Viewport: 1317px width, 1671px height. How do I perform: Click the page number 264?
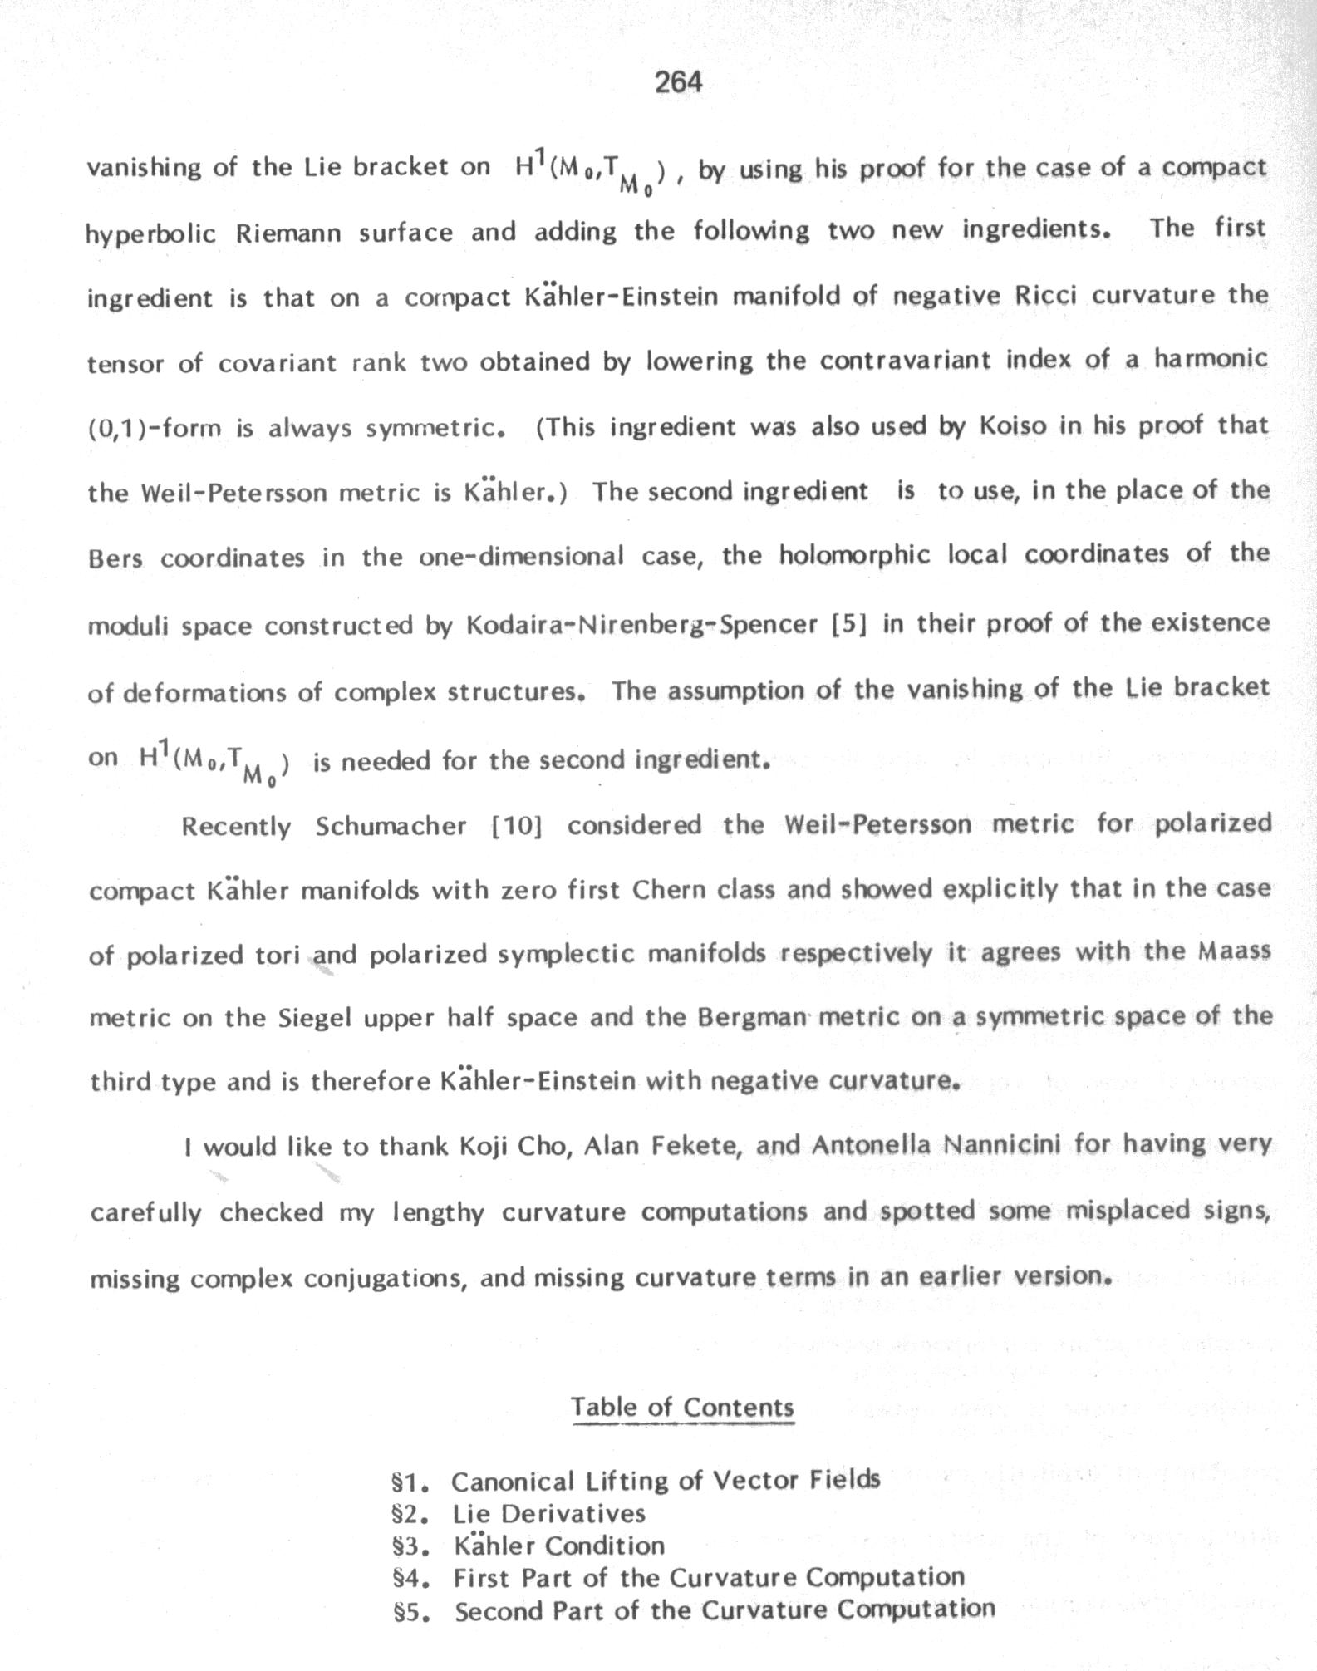pyautogui.click(x=678, y=81)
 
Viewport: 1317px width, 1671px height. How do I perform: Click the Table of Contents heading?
pyautogui.click(x=682, y=1406)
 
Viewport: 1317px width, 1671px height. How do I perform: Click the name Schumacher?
pyautogui.click(x=391, y=827)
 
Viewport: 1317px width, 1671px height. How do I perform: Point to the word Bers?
pyautogui.click(x=115, y=558)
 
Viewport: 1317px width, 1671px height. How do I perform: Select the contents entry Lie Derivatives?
pyautogui.click(x=548, y=1513)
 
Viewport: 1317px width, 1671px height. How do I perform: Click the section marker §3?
pyautogui.click(x=410, y=1546)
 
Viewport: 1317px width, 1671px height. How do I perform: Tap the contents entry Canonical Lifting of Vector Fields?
pyautogui.click(x=666, y=1480)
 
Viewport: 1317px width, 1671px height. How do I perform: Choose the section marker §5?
pyautogui.click(x=410, y=1611)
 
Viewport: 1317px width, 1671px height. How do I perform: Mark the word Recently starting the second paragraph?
pyautogui.click(x=236, y=828)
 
